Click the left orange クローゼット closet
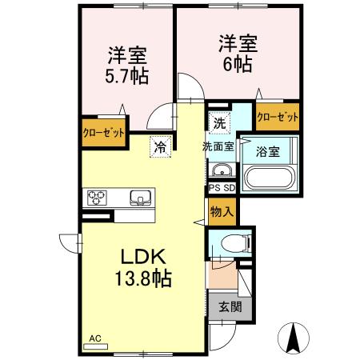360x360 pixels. tap(103, 132)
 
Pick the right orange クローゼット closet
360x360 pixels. tap(278, 117)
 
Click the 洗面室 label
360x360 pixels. tap(217, 147)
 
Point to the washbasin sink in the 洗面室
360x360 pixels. tap(220, 170)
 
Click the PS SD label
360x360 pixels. tap(222, 188)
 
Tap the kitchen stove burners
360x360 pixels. tap(98, 196)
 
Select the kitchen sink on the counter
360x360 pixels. tap(141, 196)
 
